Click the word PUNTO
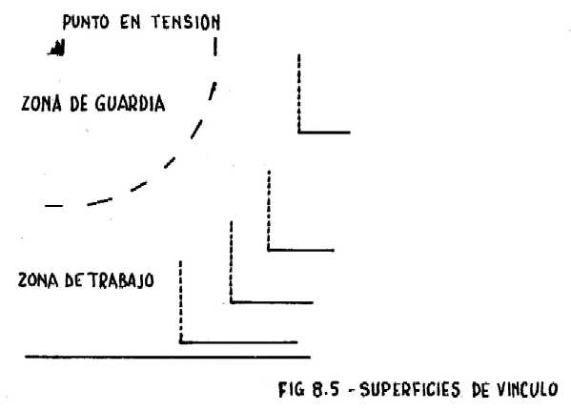click(86, 22)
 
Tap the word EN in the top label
click(131, 22)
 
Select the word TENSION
click(186, 22)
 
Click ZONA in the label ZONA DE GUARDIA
click(41, 104)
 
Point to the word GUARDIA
click(130, 104)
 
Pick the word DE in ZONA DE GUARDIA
click(79, 104)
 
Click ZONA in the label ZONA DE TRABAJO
click(38, 280)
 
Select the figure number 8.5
click(325, 389)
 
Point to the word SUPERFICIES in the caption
click(410, 389)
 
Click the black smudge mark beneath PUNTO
click(57, 48)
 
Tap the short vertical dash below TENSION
click(215, 47)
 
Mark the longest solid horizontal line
click(168, 357)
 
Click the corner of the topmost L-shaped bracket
click(299, 133)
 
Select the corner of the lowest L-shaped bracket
click(180, 342)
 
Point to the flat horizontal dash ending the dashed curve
click(54, 206)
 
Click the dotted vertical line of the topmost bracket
click(299, 93)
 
